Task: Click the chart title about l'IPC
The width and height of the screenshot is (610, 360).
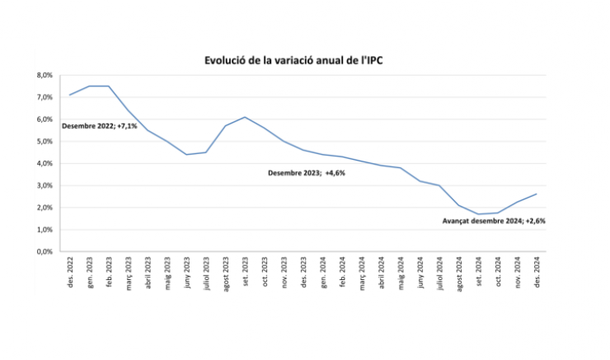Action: [304, 61]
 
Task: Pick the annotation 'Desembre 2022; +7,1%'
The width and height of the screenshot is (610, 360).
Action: [99, 126]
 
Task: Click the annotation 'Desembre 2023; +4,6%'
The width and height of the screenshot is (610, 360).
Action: [305, 173]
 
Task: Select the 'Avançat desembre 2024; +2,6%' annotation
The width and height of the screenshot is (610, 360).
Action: [494, 221]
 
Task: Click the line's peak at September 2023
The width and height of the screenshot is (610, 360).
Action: [245, 117]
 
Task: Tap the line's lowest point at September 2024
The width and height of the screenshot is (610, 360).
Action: [478, 214]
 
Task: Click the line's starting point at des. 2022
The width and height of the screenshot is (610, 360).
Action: [70, 95]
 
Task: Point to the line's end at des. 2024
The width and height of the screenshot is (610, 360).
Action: [537, 194]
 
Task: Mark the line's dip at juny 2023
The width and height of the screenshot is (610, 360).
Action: [186, 154]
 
